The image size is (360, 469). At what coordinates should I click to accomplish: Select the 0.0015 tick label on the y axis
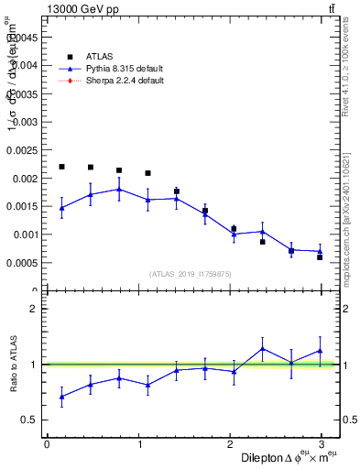pyautogui.click(x=22, y=206)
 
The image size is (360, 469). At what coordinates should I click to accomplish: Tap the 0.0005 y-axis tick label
pyautogui.click(x=22, y=263)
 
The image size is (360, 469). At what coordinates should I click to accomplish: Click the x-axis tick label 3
pyautogui.click(x=322, y=443)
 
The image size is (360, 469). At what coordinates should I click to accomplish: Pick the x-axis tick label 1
pyautogui.click(x=139, y=443)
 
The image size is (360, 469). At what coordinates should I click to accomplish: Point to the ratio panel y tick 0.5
pyautogui.click(x=30, y=420)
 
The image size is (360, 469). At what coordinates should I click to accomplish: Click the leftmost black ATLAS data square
pyautogui.click(x=61, y=167)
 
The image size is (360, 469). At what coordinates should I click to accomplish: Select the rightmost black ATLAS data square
pyautogui.click(x=320, y=257)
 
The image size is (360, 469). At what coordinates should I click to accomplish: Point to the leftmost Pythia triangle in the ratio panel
pyautogui.click(x=61, y=397)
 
